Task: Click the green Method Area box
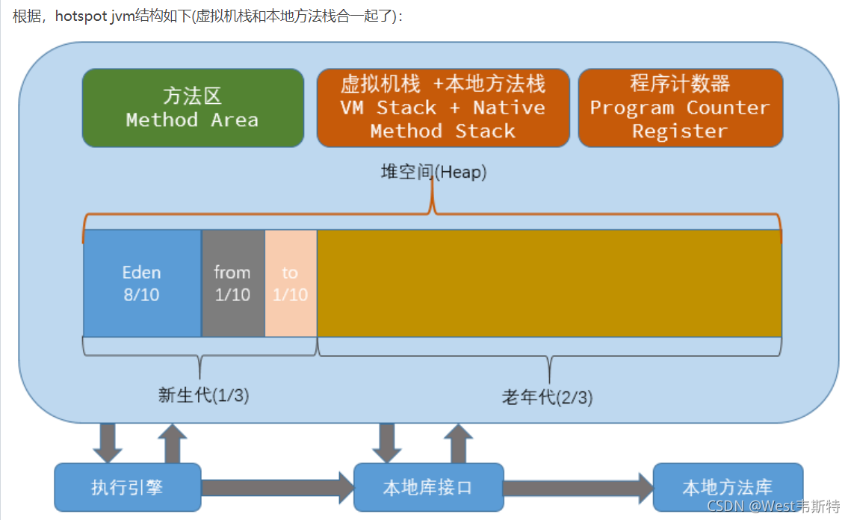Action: tap(194, 108)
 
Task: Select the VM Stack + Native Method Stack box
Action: tap(443, 108)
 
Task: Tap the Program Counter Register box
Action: tap(681, 108)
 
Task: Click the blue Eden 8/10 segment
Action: tap(142, 283)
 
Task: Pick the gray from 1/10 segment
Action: tap(233, 283)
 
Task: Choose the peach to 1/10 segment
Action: tap(291, 283)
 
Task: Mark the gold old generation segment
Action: tap(549, 283)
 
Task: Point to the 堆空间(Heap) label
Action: tap(433, 172)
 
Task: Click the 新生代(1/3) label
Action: tap(203, 395)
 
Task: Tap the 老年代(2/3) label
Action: tap(547, 397)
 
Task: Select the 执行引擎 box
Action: tap(128, 487)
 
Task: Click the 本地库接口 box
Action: tap(428, 487)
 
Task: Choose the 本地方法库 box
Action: tap(728, 487)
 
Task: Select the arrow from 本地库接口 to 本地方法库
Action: tap(578, 488)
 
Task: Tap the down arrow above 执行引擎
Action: tap(108, 443)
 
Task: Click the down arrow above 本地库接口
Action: tap(387, 443)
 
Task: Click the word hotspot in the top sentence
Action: tap(81, 17)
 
